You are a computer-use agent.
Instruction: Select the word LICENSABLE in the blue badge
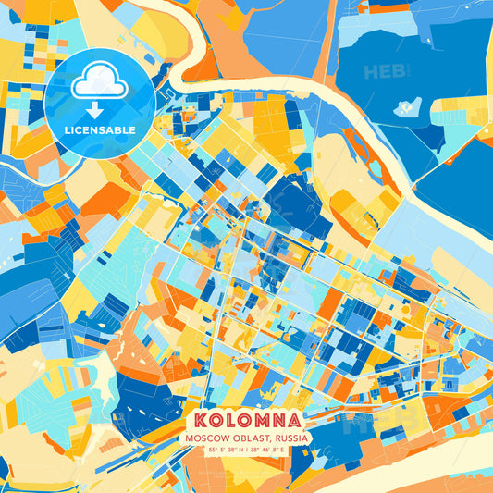(100, 130)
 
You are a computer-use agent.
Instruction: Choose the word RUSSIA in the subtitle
(290, 437)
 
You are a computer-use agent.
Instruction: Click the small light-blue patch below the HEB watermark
(407, 107)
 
